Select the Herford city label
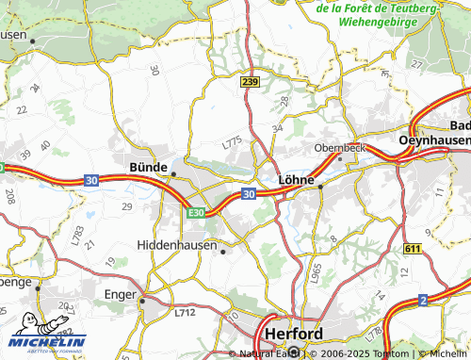(x=294, y=335)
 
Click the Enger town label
(x=121, y=295)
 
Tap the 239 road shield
(x=249, y=83)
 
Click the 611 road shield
(x=412, y=247)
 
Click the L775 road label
(x=232, y=143)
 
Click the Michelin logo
(x=49, y=334)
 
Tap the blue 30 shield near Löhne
(x=248, y=193)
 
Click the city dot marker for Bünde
(x=173, y=174)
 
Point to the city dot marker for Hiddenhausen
(x=222, y=252)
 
